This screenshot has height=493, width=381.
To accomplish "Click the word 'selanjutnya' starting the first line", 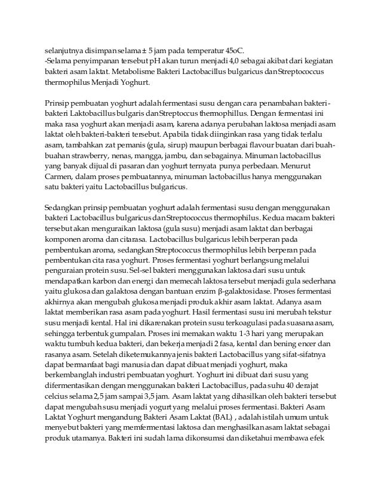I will (x=66, y=50).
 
